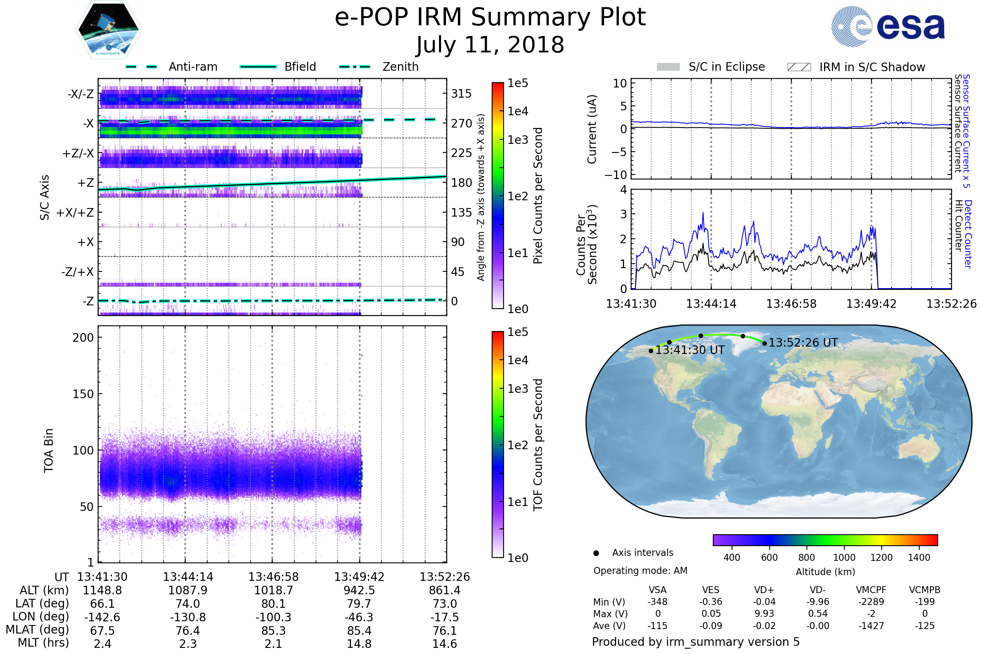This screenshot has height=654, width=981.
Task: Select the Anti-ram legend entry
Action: pyautogui.click(x=193, y=67)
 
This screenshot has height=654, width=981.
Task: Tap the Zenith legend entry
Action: pyautogui.click(x=400, y=67)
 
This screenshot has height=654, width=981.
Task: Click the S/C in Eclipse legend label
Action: pyautogui.click(x=726, y=67)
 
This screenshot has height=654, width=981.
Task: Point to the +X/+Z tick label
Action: pyautogui.click(x=75, y=213)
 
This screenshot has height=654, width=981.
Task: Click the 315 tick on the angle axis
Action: pyautogui.click(x=461, y=94)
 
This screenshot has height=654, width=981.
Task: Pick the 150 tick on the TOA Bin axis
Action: pyautogui.click(x=83, y=394)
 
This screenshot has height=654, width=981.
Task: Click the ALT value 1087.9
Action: pyautogui.click(x=188, y=591)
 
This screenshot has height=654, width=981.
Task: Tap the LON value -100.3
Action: pyautogui.click(x=273, y=617)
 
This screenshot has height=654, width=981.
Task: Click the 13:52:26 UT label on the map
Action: pyautogui.click(x=803, y=343)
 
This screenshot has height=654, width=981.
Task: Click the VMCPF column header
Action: pyautogui.click(x=871, y=590)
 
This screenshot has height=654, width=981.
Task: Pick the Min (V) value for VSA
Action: pyautogui.click(x=657, y=602)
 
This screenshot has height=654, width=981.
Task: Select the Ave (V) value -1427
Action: pyautogui.click(x=871, y=626)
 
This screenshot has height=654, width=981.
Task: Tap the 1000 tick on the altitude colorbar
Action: pyautogui.click(x=844, y=558)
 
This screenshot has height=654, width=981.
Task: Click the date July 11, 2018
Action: pyautogui.click(x=490, y=45)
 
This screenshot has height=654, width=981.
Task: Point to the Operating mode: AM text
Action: pyautogui.click(x=640, y=571)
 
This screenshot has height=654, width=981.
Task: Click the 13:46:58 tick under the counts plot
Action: pyautogui.click(x=791, y=304)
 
